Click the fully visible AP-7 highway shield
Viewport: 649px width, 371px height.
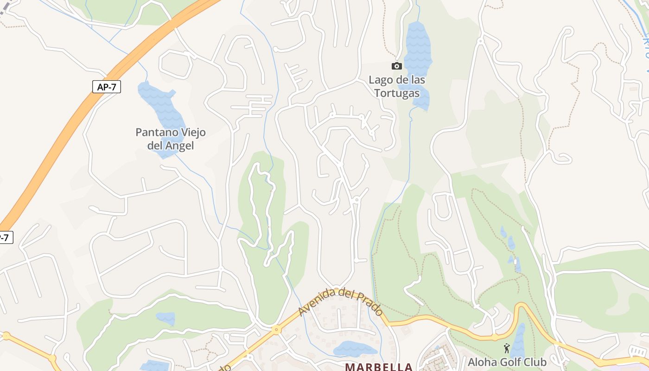[107, 87]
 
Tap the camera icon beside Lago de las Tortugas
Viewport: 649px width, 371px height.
[396, 66]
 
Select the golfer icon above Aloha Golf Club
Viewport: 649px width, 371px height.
[507, 348]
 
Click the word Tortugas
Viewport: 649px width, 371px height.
[397, 93]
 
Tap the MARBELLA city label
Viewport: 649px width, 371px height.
[378, 367]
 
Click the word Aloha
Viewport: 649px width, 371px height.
[482, 362]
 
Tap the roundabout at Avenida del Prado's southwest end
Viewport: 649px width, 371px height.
[276, 330]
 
